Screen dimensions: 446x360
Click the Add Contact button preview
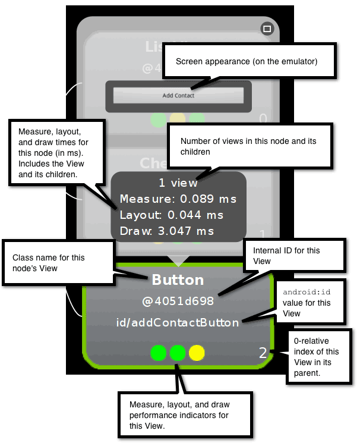(178, 95)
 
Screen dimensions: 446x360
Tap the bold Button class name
(178, 280)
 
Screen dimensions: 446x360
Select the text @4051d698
(178, 301)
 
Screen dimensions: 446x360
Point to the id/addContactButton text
(178, 322)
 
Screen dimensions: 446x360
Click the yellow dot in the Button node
(197, 353)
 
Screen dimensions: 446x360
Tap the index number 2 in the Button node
(263, 353)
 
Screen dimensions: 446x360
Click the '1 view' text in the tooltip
(178, 183)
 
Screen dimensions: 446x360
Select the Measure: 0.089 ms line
(178, 199)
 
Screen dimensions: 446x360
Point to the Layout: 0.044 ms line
(172, 215)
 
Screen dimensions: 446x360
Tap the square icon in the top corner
(267, 29)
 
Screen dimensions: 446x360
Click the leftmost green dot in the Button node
(158, 353)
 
